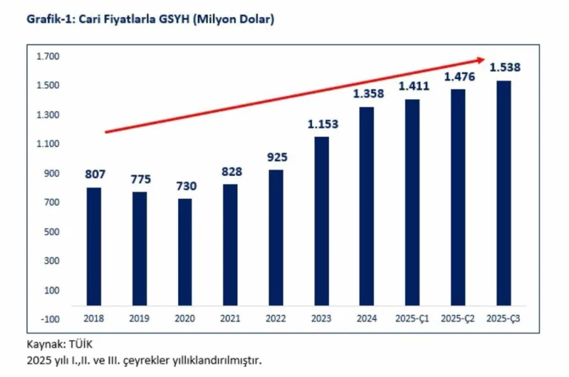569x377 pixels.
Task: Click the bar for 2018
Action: click(x=93, y=246)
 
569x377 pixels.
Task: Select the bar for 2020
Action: click(x=184, y=251)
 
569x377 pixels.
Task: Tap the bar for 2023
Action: click(x=321, y=221)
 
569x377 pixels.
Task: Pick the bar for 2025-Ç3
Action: click(x=503, y=193)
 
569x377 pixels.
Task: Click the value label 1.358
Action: click(x=367, y=95)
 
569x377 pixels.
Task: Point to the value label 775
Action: click(x=139, y=179)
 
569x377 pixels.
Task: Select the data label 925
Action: click(x=276, y=157)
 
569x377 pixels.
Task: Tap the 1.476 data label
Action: click(x=458, y=76)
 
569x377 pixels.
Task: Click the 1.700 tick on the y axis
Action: click(x=50, y=56)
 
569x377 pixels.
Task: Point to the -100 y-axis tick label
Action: click(x=50, y=319)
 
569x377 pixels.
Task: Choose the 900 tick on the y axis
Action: click(x=52, y=173)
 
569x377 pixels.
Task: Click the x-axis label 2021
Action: click(x=230, y=319)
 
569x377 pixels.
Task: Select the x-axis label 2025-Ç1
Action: click(x=412, y=319)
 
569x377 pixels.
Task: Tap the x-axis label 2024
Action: click(x=367, y=319)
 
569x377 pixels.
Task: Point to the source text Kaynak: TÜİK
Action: click(x=61, y=344)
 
